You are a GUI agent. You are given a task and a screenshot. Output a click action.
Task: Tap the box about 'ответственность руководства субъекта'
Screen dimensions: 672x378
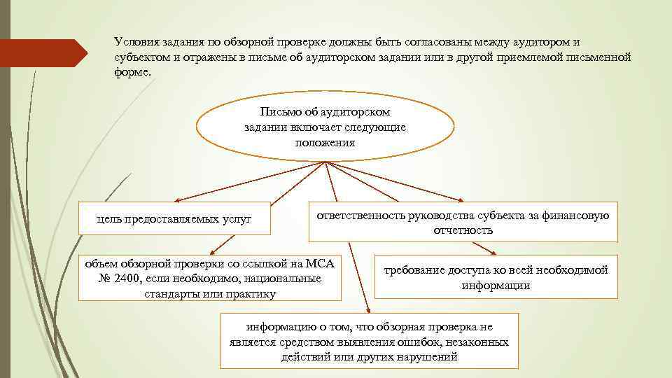coord(463,222)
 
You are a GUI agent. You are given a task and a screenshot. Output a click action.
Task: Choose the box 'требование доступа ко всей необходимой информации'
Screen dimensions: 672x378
coord(496,277)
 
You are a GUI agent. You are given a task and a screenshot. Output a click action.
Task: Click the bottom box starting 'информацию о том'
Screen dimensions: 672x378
coord(369,341)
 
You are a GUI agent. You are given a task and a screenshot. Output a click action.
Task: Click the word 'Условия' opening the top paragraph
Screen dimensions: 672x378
coord(137,42)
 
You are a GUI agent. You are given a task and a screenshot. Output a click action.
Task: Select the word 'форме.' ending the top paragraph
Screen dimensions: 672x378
coord(132,73)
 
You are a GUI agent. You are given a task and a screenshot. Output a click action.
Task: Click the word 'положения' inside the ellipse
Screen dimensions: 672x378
coord(325,142)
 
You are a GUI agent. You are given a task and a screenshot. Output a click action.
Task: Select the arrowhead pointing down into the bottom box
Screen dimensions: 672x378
coord(367,309)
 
